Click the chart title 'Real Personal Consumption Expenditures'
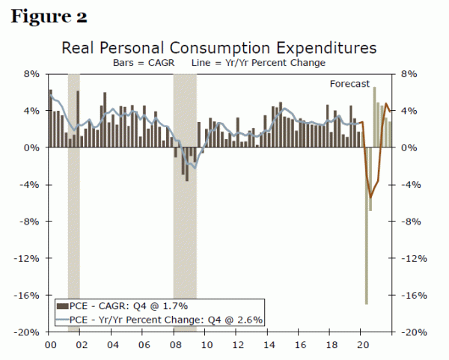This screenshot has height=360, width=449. [219, 48]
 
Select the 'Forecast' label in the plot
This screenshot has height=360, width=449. [350, 85]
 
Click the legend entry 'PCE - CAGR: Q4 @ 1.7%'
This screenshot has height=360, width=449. [127, 305]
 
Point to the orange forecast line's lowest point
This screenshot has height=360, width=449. [370, 198]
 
